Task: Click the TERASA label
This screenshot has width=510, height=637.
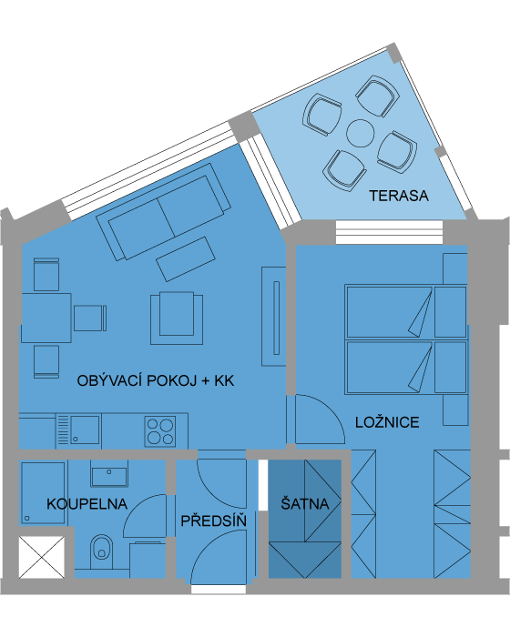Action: click(x=399, y=196)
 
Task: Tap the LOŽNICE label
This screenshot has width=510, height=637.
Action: click(x=387, y=422)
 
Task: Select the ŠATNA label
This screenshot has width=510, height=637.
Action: click(x=304, y=504)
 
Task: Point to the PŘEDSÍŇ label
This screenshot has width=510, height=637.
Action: click(x=213, y=521)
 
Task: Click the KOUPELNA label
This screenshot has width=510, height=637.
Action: click(x=87, y=504)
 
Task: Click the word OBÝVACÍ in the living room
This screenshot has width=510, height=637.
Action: click(x=109, y=380)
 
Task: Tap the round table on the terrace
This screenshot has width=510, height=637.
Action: click(x=361, y=133)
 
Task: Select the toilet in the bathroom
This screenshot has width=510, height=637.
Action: click(x=101, y=551)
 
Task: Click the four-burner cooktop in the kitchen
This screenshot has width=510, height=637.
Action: click(x=160, y=431)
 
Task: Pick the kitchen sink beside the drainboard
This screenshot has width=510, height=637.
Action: click(x=85, y=430)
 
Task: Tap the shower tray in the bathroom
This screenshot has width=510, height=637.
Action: click(x=43, y=493)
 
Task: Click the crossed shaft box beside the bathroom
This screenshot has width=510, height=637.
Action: click(x=42, y=557)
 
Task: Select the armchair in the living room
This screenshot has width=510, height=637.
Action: click(x=177, y=318)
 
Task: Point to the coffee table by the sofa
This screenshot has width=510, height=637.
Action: click(x=186, y=259)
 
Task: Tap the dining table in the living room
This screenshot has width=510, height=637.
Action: click(x=46, y=318)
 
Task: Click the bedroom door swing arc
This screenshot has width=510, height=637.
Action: click(x=327, y=409)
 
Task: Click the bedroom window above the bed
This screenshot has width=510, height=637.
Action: click(x=389, y=232)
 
